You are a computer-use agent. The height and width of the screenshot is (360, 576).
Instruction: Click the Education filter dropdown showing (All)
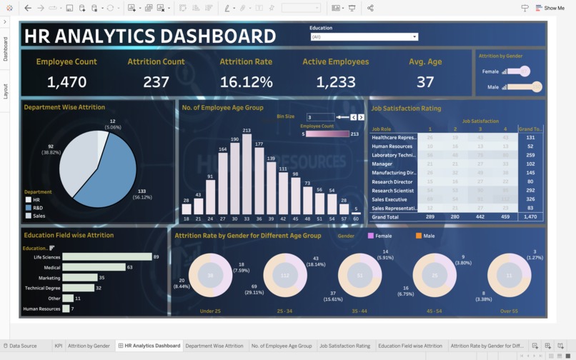pos(364,36)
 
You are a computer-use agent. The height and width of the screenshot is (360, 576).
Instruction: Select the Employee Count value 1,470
pos(66,82)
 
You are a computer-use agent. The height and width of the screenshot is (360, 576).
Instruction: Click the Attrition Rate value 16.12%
pos(246,82)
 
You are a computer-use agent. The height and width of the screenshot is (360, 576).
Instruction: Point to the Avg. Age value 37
pos(425,82)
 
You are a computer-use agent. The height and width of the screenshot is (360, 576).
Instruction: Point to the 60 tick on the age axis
pos(356,219)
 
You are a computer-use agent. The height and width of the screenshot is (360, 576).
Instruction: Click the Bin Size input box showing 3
pos(319,117)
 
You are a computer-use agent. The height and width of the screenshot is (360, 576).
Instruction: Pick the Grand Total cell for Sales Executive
pos(530,199)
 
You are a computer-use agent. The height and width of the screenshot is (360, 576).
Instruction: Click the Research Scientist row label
pos(393,191)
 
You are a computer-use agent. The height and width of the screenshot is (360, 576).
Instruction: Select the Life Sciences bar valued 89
pos(106,257)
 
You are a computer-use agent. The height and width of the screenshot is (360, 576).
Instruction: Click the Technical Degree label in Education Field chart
pos(43,288)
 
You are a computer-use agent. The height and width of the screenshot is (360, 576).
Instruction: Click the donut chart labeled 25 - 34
pos(284,275)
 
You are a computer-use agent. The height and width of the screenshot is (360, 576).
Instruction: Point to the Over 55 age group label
pos(509,311)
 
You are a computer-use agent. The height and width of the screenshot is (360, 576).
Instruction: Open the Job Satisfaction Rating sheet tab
pos(344,346)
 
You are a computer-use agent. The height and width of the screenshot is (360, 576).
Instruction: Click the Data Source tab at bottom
pos(22,346)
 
